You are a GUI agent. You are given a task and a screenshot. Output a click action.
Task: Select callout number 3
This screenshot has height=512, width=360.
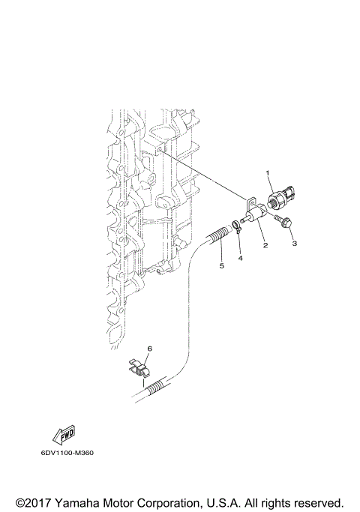tap(295, 244)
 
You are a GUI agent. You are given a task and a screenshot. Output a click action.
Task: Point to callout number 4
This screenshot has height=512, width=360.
tap(241, 258)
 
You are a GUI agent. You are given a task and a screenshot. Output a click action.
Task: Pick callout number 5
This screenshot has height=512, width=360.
tap(221, 265)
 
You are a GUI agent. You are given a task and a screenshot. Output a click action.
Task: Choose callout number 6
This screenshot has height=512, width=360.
tap(149, 349)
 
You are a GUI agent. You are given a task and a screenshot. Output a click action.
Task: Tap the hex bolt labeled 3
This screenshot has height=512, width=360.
tap(285, 224)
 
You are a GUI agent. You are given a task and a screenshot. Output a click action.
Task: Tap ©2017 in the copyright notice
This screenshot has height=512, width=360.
tap(33, 501)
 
